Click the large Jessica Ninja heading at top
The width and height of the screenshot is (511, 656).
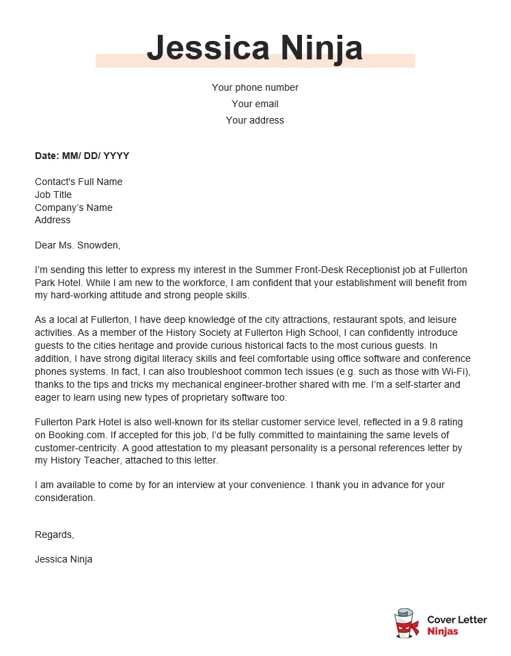click(255, 48)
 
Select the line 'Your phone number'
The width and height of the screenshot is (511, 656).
click(255, 87)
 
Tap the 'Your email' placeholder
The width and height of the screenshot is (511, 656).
click(255, 104)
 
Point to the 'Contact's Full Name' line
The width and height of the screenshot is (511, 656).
click(79, 182)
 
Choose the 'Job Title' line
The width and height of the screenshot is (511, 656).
click(53, 195)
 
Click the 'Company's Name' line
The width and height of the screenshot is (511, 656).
click(74, 208)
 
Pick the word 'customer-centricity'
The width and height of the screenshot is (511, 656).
click(77, 448)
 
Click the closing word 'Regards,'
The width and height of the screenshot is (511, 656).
click(55, 534)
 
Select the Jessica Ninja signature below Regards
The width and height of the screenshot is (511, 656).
click(64, 559)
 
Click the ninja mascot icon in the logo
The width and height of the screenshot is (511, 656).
click(407, 624)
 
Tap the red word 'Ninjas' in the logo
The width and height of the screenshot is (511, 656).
click(443, 631)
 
